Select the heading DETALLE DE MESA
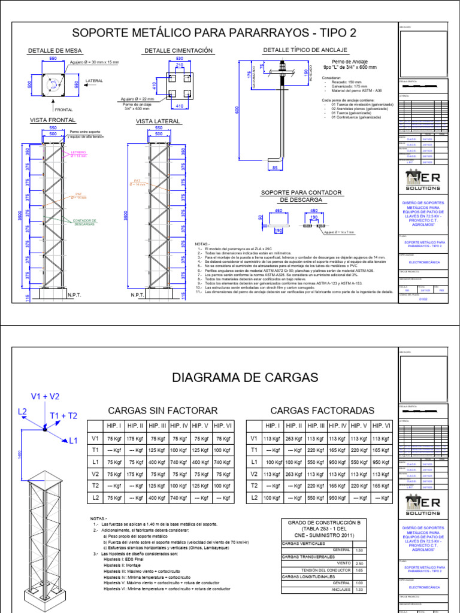coord(55,51)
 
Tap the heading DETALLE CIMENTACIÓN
coord(174,51)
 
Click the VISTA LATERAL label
coord(154,121)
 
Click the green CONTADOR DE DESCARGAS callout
coord(85,222)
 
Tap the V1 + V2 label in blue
coord(46,396)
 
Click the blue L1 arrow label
coord(74,441)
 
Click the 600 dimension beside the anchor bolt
coord(237,110)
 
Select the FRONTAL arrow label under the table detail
coord(63,110)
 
